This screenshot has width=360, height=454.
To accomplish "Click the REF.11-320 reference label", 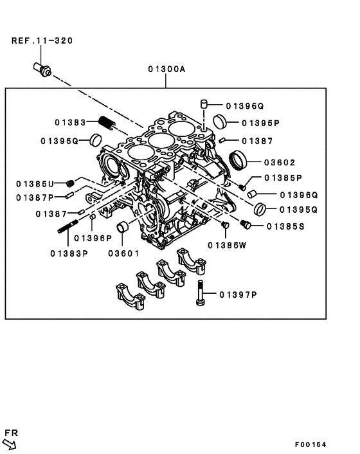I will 42,41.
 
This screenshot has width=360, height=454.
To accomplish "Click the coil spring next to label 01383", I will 106,122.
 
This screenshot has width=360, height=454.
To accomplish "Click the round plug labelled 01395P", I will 219,120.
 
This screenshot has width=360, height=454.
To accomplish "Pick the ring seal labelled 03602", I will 239,160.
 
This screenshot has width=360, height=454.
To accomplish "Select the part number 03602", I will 278,163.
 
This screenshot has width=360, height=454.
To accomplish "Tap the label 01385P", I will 282,178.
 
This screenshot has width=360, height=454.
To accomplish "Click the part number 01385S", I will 287,226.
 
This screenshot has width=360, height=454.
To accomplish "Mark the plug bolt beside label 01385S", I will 245,224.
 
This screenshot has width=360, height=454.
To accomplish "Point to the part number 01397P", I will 238,295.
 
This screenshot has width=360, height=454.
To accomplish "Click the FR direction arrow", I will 10,444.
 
